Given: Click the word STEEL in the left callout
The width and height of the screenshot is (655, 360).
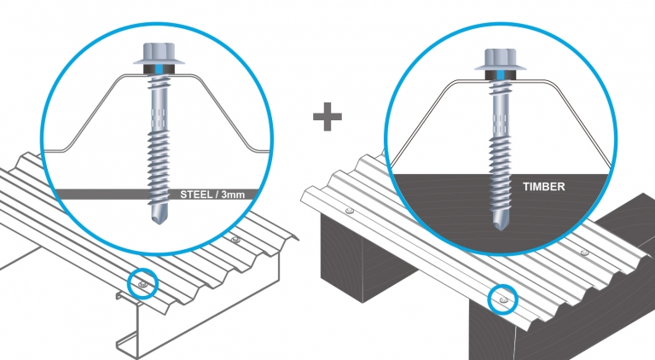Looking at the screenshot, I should (196, 194).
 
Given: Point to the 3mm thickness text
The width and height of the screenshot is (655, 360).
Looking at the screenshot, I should (231, 194).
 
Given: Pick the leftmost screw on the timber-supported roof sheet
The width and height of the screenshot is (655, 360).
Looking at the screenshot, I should (349, 209).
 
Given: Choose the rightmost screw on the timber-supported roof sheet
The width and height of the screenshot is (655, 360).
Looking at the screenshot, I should (583, 253).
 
